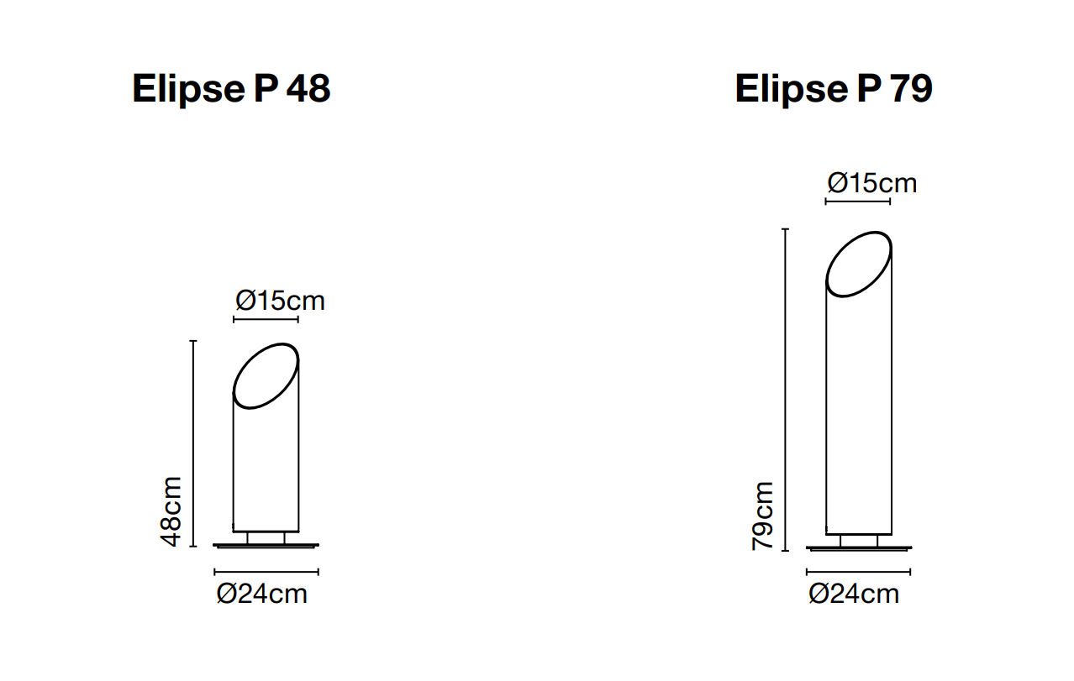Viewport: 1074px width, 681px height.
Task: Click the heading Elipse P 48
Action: click(x=232, y=89)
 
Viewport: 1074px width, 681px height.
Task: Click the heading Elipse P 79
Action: click(x=834, y=89)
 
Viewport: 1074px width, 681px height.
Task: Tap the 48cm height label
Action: click(x=171, y=511)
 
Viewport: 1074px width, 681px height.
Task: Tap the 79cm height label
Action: click(x=763, y=516)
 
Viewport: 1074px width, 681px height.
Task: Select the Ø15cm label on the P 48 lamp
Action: click(x=280, y=301)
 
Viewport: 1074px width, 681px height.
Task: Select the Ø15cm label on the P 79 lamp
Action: click(x=872, y=184)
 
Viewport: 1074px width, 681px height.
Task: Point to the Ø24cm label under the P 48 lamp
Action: click(x=262, y=595)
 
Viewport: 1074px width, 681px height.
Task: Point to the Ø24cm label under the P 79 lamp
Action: click(x=854, y=595)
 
